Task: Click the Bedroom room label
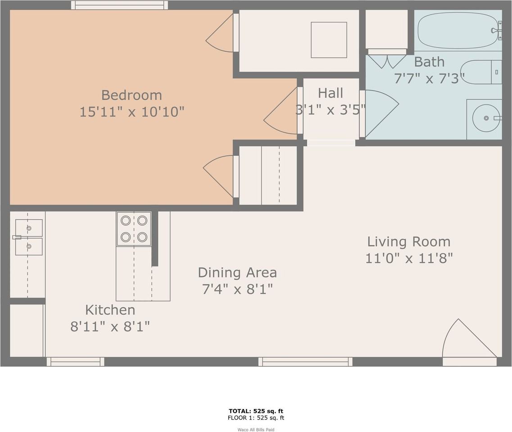[131, 95]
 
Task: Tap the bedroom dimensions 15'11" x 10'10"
[131, 112]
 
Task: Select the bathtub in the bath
[459, 30]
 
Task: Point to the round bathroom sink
[485, 118]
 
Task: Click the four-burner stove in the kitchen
[134, 229]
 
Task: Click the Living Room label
[408, 242]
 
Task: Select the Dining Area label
[237, 272]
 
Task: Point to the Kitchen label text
[110, 310]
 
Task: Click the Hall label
[331, 93]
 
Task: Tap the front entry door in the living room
[468, 342]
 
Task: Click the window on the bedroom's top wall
[119, 5]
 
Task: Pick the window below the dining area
[305, 361]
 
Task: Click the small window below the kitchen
[75, 361]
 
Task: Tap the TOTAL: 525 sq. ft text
[256, 411]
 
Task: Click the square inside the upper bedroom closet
[329, 40]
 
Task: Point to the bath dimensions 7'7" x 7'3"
[429, 78]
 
